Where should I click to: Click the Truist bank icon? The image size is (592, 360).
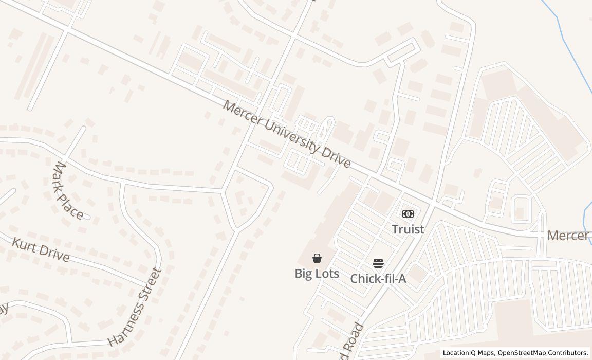pyautogui.click(x=408, y=213)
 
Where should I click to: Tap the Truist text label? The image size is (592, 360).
pyautogui.click(x=408, y=229)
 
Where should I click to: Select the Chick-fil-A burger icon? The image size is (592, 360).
pyautogui.click(x=378, y=264)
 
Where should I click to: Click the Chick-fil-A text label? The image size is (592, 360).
pyautogui.click(x=378, y=279)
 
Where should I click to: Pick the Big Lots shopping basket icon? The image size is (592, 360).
pyautogui.click(x=317, y=258)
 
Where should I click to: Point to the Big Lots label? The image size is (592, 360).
pyautogui.click(x=317, y=274)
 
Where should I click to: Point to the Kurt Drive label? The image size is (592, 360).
pyautogui.click(x=41, y=249)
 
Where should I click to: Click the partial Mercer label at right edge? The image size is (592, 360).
pyautogui.click(x=568, y=236)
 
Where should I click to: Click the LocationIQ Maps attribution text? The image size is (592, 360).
pyautogui.click(x=469, y=353)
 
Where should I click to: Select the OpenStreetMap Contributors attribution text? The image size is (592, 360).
pyautogui.click(x=543, y=353)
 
